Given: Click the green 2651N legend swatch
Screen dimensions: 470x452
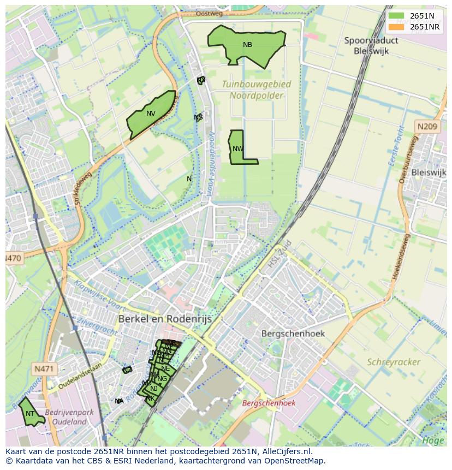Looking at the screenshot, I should pyautogui.click(x=396, y=16).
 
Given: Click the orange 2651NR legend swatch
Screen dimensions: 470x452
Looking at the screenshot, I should pyautogui.click(x=396, y=27).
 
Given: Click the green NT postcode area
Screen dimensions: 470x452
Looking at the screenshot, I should pyautogui.click(x=30, y=414).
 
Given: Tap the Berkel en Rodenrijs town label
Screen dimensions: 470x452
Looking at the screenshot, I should pyautogui.click(x=165, y=319).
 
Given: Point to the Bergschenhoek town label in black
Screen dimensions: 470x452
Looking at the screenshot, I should pyautogui.click(x=293, y=333).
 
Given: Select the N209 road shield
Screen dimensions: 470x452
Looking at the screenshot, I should pyautogui.click(x=427, y=127).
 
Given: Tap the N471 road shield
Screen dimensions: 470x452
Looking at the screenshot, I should pyautogui.click(x=44, y=369).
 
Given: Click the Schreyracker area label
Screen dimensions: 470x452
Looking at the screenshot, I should pyautogui.click(x=393, y=362).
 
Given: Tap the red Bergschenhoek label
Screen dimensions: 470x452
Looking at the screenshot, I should pyautogui.click(x=269, y=403).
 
